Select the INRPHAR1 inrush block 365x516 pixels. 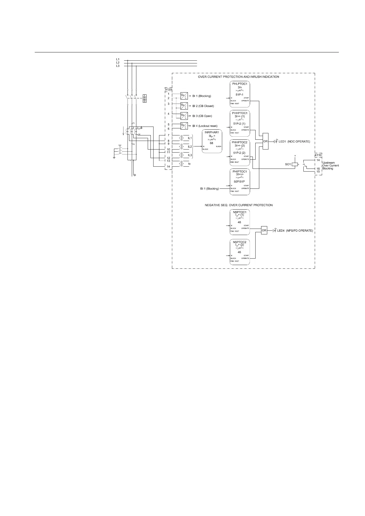(211, 141)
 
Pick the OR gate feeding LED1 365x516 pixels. (265, 141)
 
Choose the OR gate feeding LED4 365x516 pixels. (264, 230)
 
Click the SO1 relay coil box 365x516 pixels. (295, 165)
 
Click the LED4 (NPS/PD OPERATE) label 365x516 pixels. (295, 230)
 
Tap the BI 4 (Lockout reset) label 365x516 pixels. (205, 126)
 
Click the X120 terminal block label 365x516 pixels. (168, 90)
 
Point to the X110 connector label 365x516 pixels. (318, 156)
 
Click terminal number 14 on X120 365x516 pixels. (169, 167)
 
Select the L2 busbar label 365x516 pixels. (118, 63)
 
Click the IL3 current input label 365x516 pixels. (190, 155)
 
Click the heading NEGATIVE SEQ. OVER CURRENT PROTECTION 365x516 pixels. (238, 205)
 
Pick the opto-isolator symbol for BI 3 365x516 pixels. (184, 116)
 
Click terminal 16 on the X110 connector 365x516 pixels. (318, 169)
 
